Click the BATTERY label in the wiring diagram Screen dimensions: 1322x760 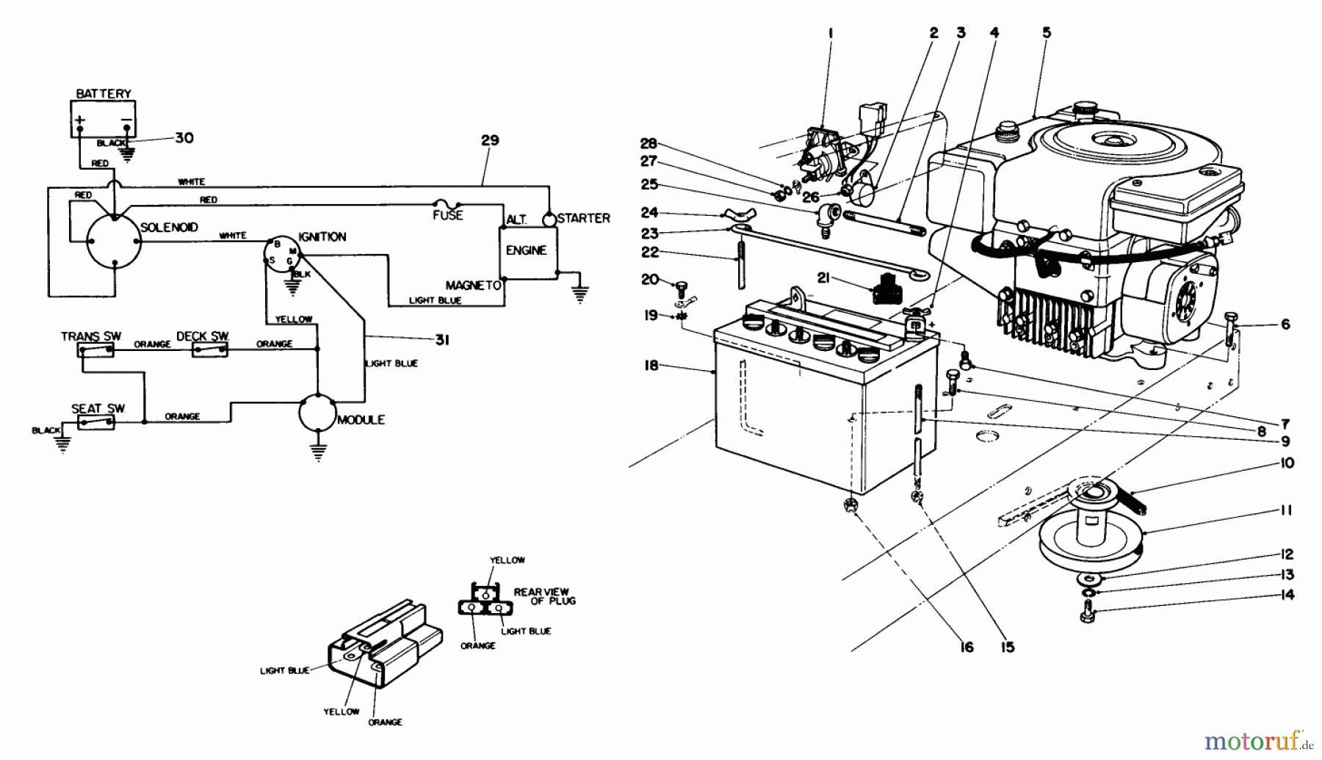tap(104, 94)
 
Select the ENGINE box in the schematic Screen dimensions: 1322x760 tap(528, 253)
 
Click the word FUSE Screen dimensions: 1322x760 tap(448, 215)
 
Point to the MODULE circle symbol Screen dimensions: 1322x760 tap(318, 413)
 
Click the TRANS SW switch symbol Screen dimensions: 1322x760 tap(96, 350)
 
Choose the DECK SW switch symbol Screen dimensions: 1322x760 tap(210, 350)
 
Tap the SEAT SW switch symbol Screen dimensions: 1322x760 tap(96, 422)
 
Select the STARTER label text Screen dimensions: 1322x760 tap(583, 218)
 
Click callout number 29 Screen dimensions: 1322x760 tap(490, 140)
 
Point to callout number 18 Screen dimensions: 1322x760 tap(651, 365)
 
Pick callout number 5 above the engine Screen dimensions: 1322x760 tap(1047, 32)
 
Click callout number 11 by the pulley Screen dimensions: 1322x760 tap(1286, 510)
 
